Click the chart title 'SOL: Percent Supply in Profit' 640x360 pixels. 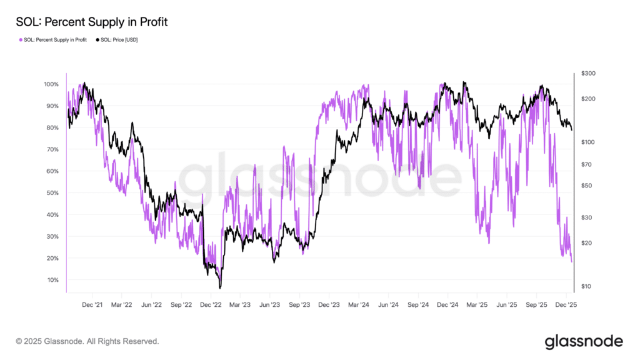[x=92, y=22]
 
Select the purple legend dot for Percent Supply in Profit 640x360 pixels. [x=21, y=40]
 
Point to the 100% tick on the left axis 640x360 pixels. [x=51, y=84]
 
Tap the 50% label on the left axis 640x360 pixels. [x=52, y=193]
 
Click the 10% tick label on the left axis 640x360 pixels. [x=52, y=280]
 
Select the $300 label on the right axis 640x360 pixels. [x=588, y=74]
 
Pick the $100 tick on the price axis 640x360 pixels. [x=588, y=142]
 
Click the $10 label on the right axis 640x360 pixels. [x=586, y=286]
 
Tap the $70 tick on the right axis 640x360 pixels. [x=586, y=164]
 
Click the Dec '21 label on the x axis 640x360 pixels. [x=92, y=305]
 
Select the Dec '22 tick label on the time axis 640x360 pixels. [x=211, y=305]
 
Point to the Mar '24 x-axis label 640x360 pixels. [x=359, y=305]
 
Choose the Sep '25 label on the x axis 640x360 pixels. [x=536, y=305]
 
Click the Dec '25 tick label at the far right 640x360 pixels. [x=566, y=305]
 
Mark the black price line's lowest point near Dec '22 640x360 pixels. [x=220, y=288]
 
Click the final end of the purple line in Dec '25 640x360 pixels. [x=572, y=262]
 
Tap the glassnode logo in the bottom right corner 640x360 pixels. [x=584, y=342]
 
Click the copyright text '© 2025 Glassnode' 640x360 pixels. [x=49, y=341]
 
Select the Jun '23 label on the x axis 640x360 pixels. [x=270, y=305]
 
